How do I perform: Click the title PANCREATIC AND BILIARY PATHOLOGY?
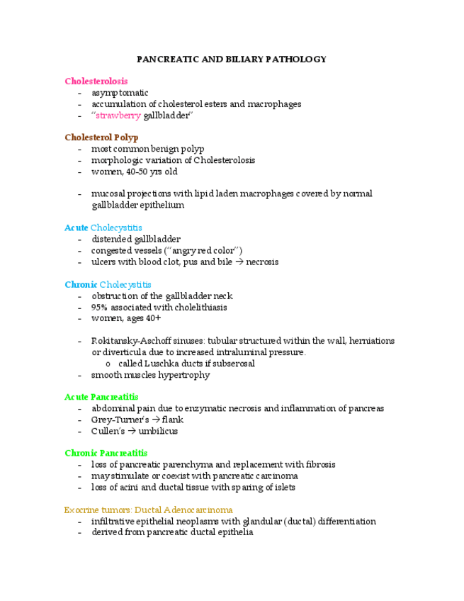coord(232,60)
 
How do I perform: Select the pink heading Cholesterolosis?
coord(96,82)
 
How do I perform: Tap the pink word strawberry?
coord(118,116)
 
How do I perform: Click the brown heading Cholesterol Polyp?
coord(101,137)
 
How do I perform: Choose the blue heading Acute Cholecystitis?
coord(103,228)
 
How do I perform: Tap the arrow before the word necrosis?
coord(239,262)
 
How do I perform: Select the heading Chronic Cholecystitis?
coord(108,284)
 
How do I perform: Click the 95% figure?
coord(99,307)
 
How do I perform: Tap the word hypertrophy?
coord(185,375)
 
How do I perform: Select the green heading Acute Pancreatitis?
coord(101,397)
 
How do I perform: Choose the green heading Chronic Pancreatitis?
coord(106,453)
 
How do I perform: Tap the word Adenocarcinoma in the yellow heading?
coord(198,510)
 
